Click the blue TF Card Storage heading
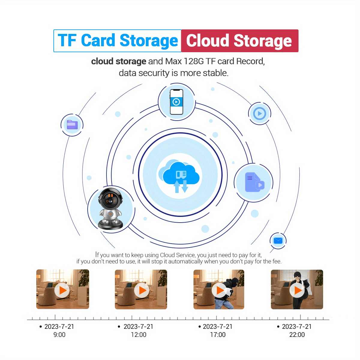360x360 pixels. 118,41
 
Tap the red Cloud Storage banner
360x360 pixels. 239,41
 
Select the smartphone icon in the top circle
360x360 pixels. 176,102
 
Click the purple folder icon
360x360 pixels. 72,125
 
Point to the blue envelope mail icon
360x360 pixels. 278,241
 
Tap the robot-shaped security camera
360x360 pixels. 111,209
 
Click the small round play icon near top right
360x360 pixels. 259,114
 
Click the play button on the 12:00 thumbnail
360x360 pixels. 141,290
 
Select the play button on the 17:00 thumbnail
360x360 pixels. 220,290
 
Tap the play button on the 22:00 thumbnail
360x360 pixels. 297,290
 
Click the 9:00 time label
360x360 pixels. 59,335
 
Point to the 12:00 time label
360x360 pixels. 139,335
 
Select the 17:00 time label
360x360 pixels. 218,335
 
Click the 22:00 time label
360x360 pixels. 297,335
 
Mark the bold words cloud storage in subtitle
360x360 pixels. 118,61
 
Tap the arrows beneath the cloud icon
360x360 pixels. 181,186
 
